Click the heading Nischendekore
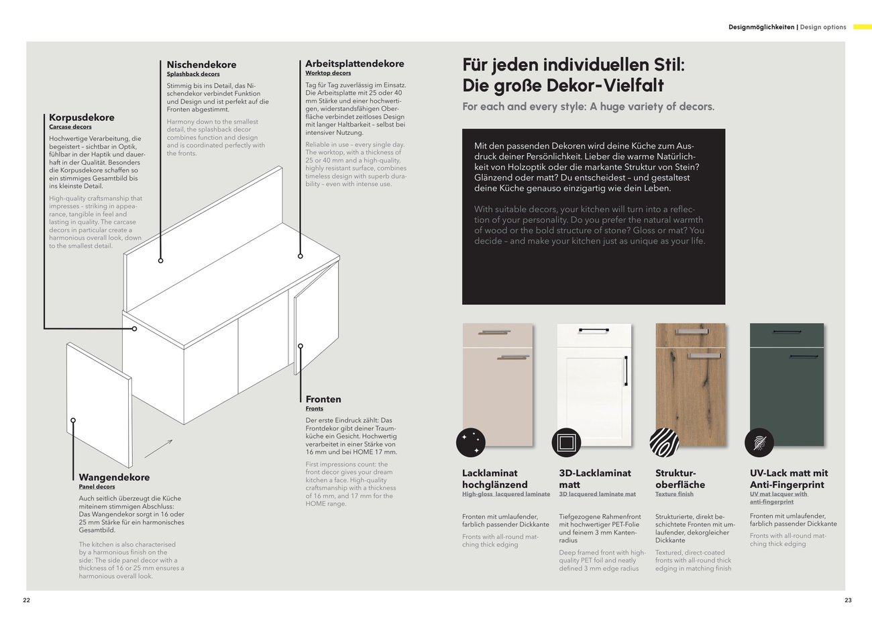(201, 64)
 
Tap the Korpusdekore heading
(82, 117)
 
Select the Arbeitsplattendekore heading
(355, 64)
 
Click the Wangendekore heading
(114, 477)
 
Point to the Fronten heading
(323, 399)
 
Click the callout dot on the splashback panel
(161, 260)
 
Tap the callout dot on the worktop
(300, 256)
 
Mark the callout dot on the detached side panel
(73, 420)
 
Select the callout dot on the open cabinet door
(301, 346)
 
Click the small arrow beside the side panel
(158, 448)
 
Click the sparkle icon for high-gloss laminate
(471, 442)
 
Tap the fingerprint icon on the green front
(759, 442)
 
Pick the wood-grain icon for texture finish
(664, 442)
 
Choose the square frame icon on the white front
(566, 442)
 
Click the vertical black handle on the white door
(626, 371)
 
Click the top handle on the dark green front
(787, 332)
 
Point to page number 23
(849, 600)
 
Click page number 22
(26, 600)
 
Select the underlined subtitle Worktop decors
(328, 73)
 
